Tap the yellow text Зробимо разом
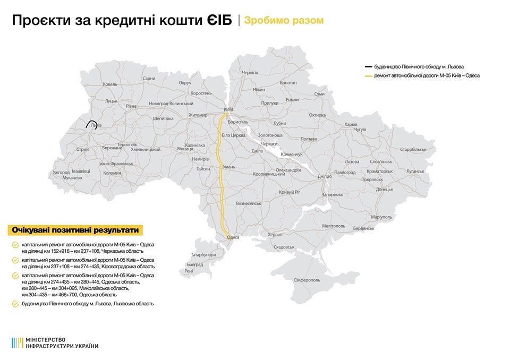[284, 21]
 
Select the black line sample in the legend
[368, 67]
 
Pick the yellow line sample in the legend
[368, 76]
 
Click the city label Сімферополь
[307, 280]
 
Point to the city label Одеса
[233, 237]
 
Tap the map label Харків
[351, 124]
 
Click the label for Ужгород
[61, 173]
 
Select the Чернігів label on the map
[250, 72]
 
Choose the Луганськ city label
[415, 172]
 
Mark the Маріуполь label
[381, 217]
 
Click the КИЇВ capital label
[228, 109]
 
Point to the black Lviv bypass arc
[88, 123]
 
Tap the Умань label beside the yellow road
[228, 167]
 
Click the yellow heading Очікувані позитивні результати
[76, 230]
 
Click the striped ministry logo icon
[16, 342]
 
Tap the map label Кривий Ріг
[290, 192]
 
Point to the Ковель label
[110, 84]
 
